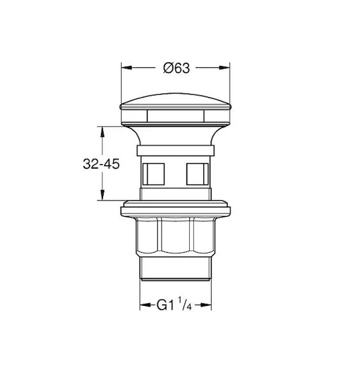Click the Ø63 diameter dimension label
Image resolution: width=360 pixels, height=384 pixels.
click(176, 68)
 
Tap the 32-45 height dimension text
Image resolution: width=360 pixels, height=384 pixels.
click(101, 164)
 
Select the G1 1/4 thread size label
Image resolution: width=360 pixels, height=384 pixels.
click(174, 304)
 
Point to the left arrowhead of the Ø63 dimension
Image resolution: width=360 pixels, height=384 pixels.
click(127, 68)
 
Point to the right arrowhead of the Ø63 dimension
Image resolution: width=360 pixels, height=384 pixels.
click(224, 68)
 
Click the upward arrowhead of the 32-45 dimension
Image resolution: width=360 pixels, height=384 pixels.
click(102, 132)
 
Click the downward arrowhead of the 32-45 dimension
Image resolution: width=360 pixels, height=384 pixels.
click(102, 195)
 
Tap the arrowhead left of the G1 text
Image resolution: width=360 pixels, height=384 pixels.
click(145, 305)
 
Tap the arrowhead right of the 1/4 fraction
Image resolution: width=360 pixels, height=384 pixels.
click(206, 305)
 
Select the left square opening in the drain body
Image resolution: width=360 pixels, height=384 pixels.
click(153, 174)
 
